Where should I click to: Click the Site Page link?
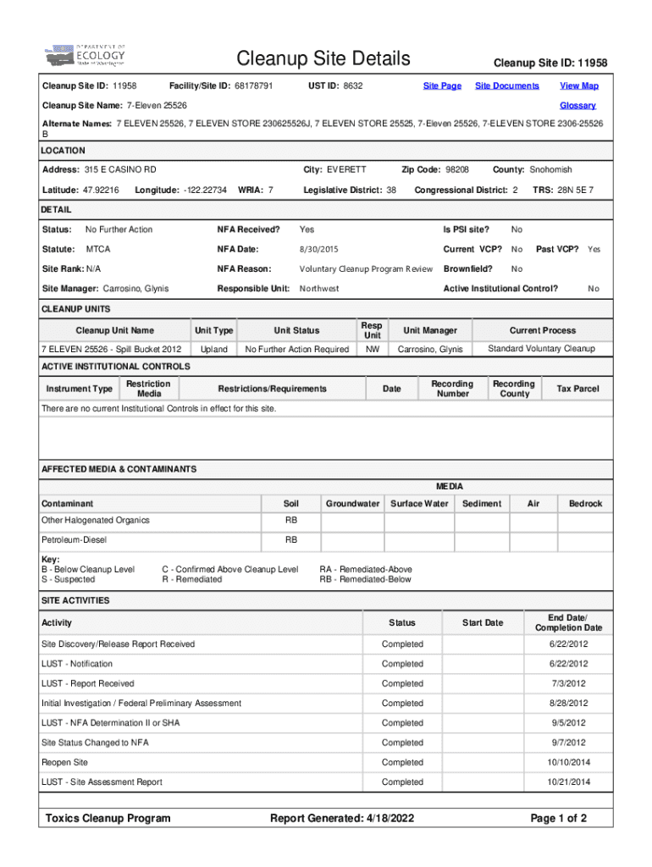[x=442, y=86]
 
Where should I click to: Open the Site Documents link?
[x=506, y=86]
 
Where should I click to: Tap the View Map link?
[x=579, y=86]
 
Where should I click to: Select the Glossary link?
[x=577, y=105]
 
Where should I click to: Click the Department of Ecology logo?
[x=86, y=56]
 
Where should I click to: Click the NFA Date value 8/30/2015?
[x=318, y=249]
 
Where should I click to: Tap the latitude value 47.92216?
[x=100, y=189]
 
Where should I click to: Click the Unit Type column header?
[x=213, y=330]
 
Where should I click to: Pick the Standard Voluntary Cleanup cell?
[x=541, y=349]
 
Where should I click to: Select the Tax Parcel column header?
[x=577, y=389]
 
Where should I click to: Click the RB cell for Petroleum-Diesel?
[x=290, y=539]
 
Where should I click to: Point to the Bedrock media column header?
[x=585, y=504]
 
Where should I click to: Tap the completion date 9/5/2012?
[x=567, y=723]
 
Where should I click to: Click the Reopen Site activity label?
[x=64, y=762]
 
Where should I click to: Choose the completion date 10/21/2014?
[x=567, y=781]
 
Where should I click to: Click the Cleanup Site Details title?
[x=323, y=58]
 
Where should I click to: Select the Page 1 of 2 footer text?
[x=558, y=818]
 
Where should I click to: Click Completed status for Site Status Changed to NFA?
[x=402, y=743]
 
